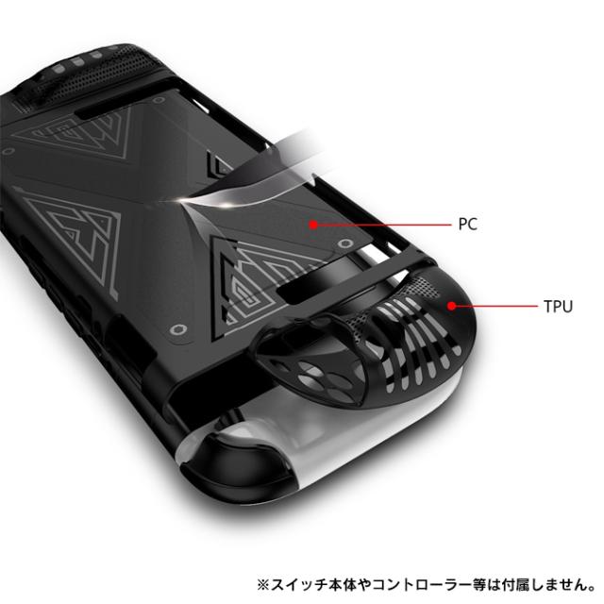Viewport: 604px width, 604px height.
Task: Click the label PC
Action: pyautogui.click(x=468, y=224)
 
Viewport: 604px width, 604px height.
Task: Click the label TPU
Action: pyautogui.click(x=558, y=306)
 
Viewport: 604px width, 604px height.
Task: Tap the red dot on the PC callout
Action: pyautogui.click(x=313, y=225)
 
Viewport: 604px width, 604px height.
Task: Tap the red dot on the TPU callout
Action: pyautogui.click(x=452, y=306)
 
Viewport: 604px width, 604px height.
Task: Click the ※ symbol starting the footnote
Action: pyautogui.click(x=263, y=585)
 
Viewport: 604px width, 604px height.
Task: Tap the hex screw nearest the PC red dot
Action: pyautogui.click(x=344, y=243)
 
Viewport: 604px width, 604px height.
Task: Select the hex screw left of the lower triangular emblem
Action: pyautogui.click(x=177, y=330)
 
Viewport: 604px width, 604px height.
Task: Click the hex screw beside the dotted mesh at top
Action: pyautogui.click(x=159, y=101)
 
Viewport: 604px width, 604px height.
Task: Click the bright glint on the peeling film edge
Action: pyautogui.click(x=185, y=199)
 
